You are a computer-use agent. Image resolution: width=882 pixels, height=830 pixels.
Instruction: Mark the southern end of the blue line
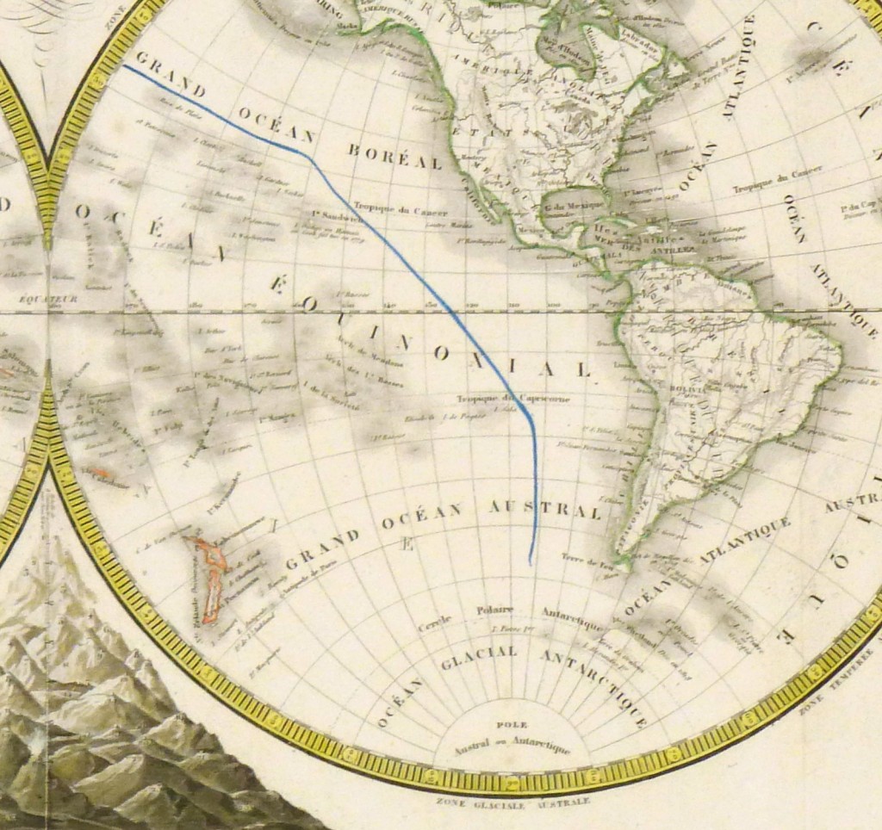530,563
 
